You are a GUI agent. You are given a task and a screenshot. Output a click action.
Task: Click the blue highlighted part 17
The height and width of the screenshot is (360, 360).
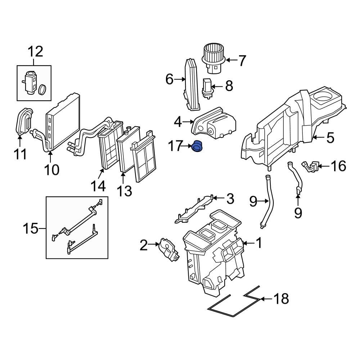[197, 147]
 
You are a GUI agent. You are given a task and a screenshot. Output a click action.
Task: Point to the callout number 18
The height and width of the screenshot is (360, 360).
[281, 298]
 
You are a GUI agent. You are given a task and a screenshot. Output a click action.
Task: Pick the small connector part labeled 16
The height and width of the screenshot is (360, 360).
[310, 166]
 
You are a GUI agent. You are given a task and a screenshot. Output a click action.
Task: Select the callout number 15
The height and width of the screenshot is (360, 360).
[31, 229]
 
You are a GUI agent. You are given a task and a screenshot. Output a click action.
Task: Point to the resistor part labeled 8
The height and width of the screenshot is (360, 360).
[207, 87]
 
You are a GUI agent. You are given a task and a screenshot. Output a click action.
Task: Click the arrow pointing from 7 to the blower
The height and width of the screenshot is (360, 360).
[232, 60]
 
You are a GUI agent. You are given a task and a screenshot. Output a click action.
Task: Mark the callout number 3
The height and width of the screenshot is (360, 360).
[229, 199]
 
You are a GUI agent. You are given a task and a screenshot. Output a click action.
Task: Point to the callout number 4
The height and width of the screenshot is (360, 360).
[178, 123]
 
